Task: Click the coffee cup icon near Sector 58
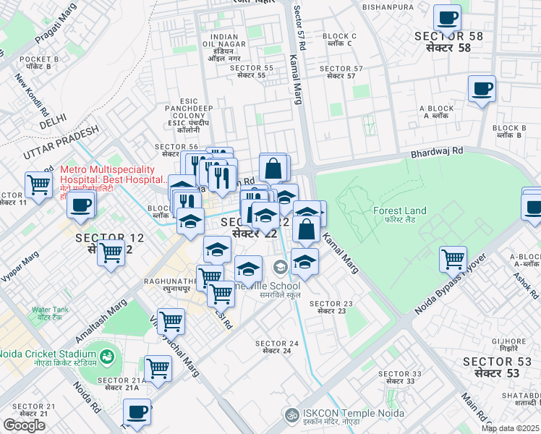[447, 17]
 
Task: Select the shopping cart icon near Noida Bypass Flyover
[453, 258]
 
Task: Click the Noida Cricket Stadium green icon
[107, 356]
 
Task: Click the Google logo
[25, 425]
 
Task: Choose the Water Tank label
[50, 313]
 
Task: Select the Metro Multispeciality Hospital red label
[112, 174]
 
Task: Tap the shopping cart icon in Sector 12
[111, 253]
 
